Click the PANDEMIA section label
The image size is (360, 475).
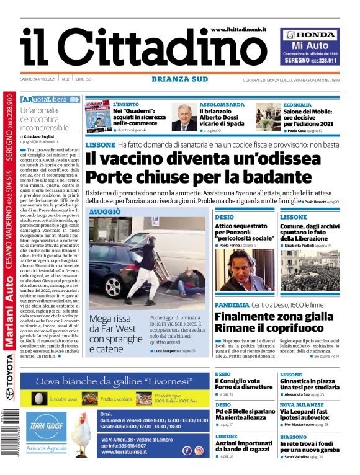coord(231,306)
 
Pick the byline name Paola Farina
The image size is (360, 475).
coord(233,246)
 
